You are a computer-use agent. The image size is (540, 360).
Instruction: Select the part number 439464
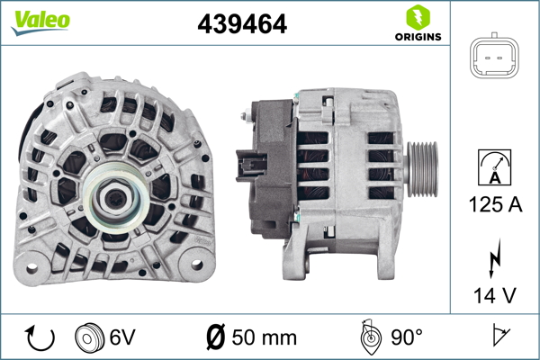tap(242, 25)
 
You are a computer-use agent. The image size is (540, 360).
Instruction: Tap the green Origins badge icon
tap(418, 16)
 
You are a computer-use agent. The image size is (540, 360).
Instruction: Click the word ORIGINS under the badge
tap(418, 38)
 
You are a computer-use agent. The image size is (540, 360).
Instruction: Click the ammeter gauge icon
tap(495, 167)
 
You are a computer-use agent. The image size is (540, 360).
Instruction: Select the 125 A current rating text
tap(495, 204)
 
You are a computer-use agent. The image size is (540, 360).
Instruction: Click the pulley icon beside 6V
tap(91, 338)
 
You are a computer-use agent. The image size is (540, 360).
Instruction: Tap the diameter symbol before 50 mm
tap(216, 338)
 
